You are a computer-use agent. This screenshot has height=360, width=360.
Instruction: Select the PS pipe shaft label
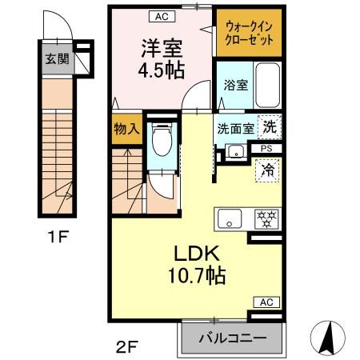tap(266, 148)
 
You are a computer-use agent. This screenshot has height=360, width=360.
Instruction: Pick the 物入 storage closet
tap(127, 128)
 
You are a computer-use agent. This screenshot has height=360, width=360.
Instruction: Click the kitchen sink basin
tap(230, 218)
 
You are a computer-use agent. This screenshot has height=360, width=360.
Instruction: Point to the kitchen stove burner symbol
tap(265, 218)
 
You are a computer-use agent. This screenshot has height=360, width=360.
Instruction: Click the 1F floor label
tap(54, 238)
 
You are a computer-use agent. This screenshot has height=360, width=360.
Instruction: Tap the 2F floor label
tap(127, 346)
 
